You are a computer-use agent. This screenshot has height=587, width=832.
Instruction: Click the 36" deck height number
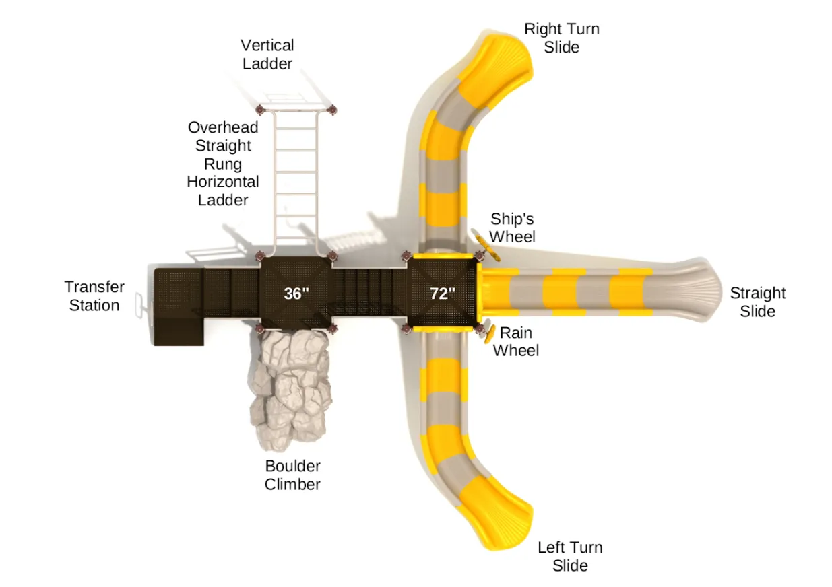296,293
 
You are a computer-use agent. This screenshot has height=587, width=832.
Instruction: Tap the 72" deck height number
443,293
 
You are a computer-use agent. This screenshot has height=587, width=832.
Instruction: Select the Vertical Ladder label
267,55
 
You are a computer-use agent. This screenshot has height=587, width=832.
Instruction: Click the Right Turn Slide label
561,38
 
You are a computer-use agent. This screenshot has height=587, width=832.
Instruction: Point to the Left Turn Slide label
570,556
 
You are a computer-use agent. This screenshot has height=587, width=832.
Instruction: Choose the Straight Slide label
757,302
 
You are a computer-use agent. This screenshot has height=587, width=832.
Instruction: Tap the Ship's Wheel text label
512,228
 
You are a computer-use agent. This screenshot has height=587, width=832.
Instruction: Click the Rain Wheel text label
516,341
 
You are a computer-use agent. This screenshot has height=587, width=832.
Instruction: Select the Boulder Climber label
292,475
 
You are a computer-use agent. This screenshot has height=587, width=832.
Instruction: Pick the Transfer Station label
94,296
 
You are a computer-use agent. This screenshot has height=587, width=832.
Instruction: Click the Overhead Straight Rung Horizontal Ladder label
223,164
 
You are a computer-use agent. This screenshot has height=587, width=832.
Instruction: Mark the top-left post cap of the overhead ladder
261,109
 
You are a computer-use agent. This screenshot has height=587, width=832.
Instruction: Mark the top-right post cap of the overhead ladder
331,109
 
